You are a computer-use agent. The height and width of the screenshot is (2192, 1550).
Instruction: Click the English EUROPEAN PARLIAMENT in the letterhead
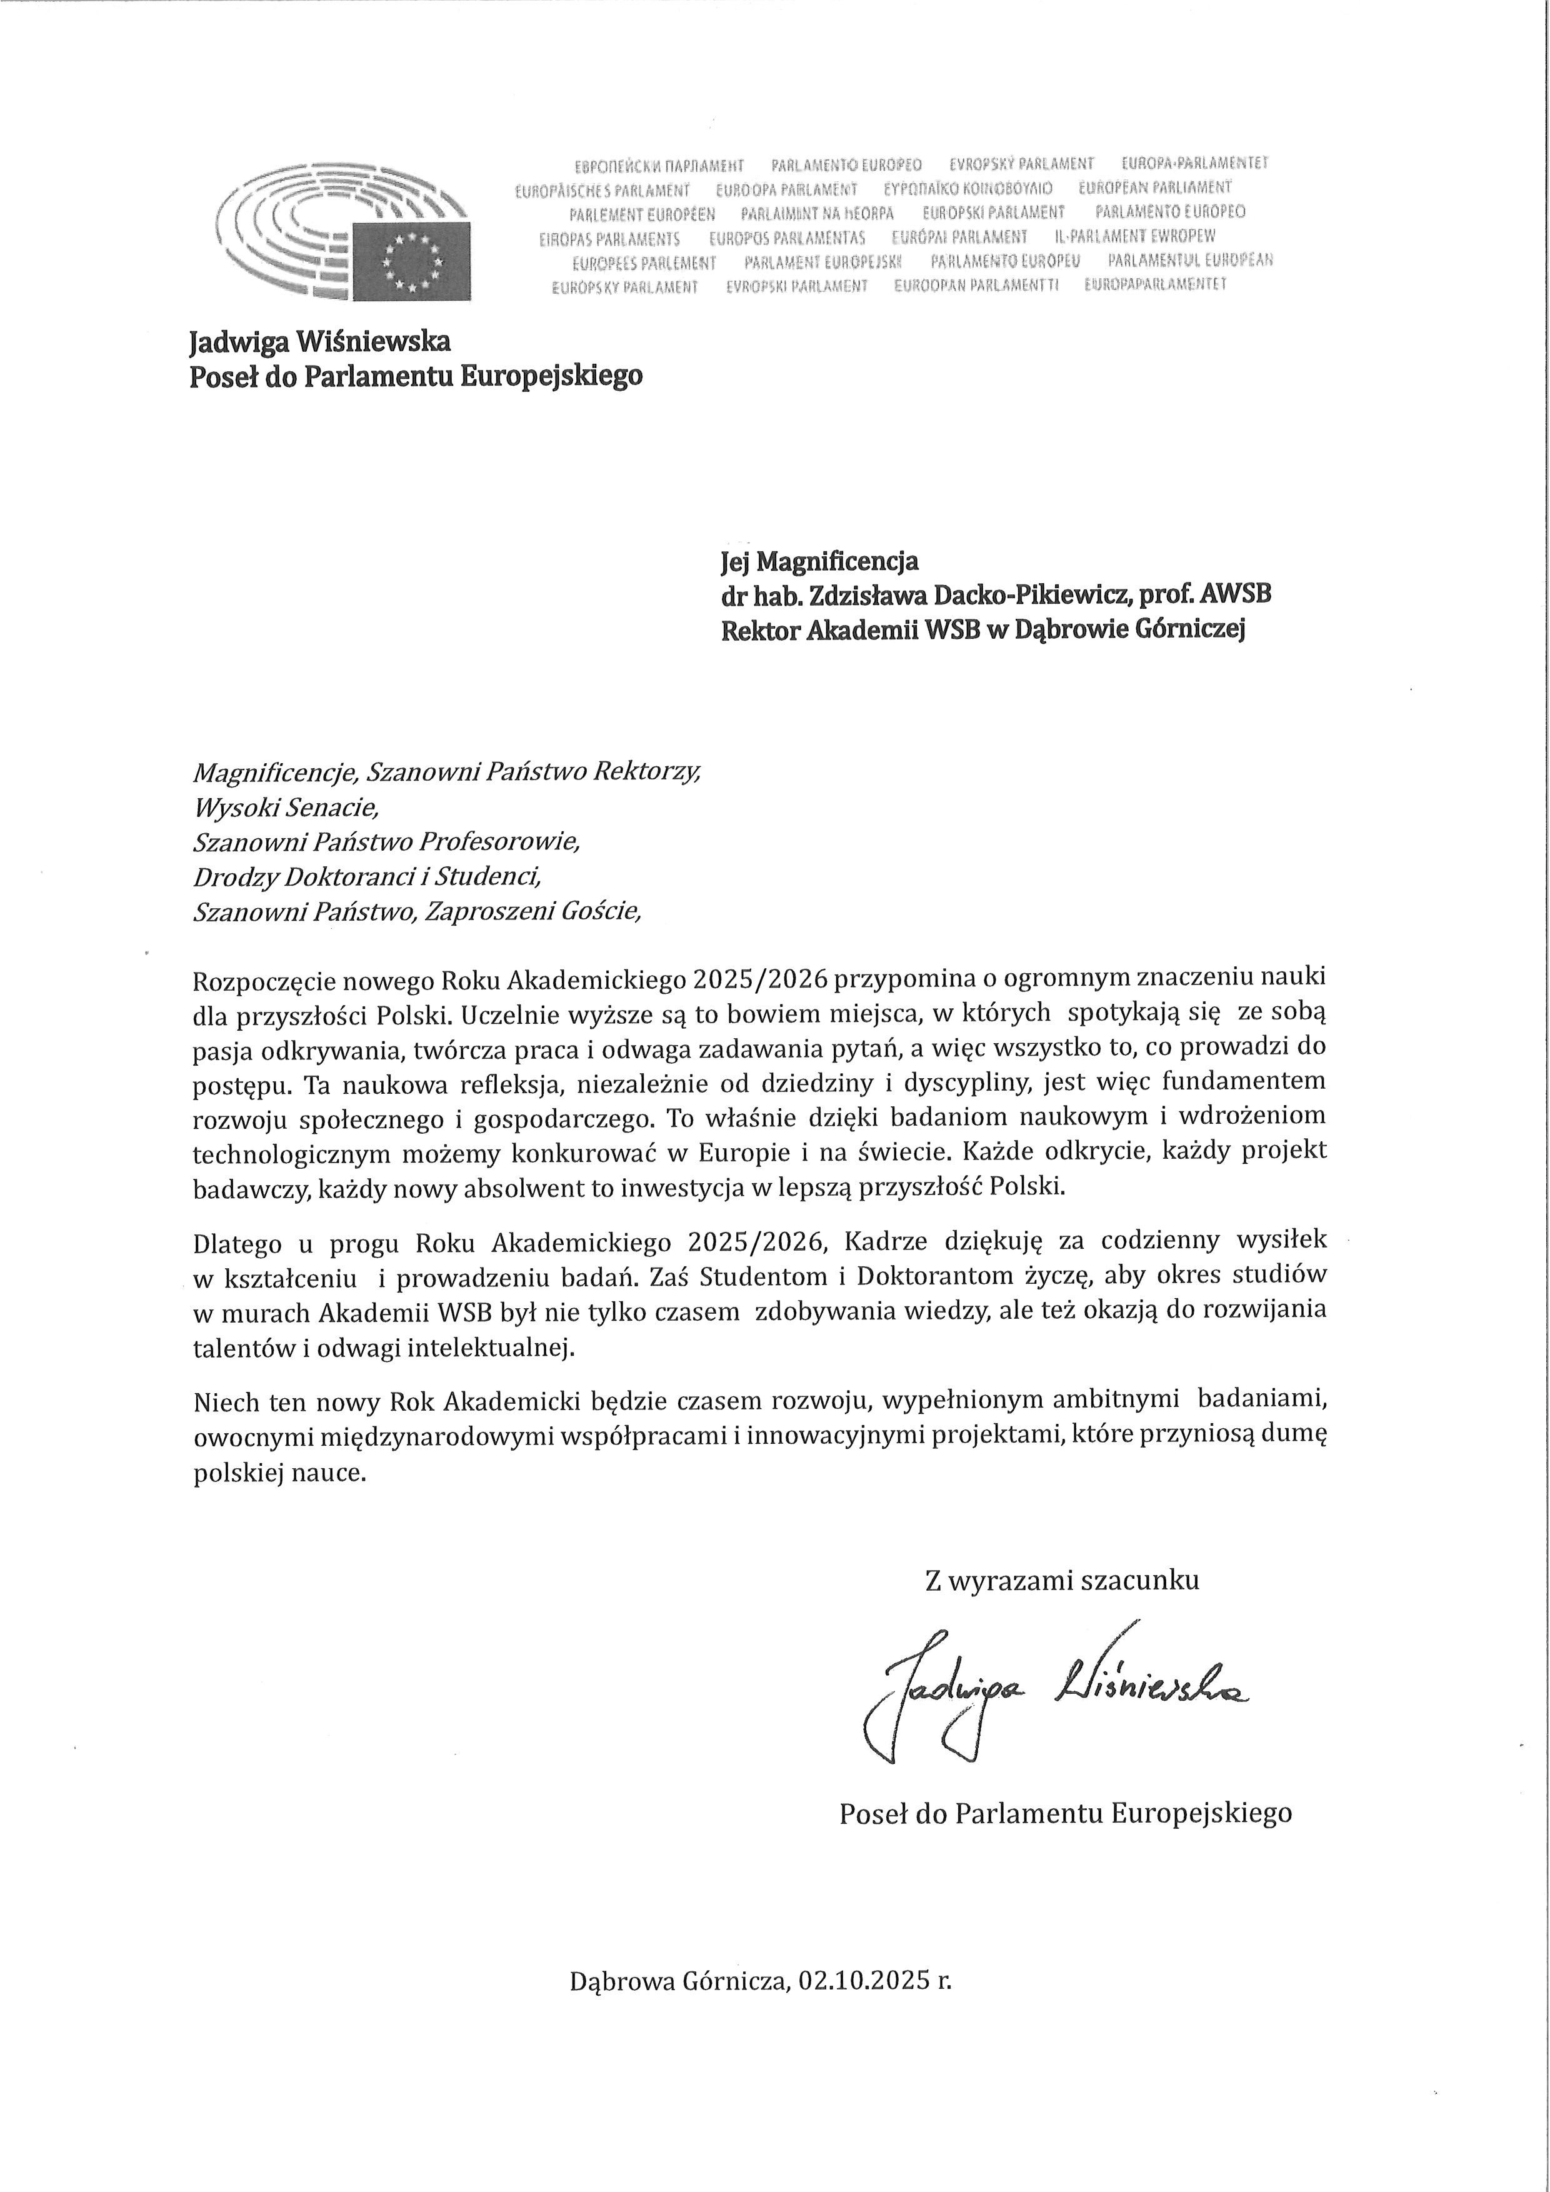click(1155, 187)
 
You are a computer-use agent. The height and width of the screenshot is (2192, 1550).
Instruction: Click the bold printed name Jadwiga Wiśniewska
click(320, 341)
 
